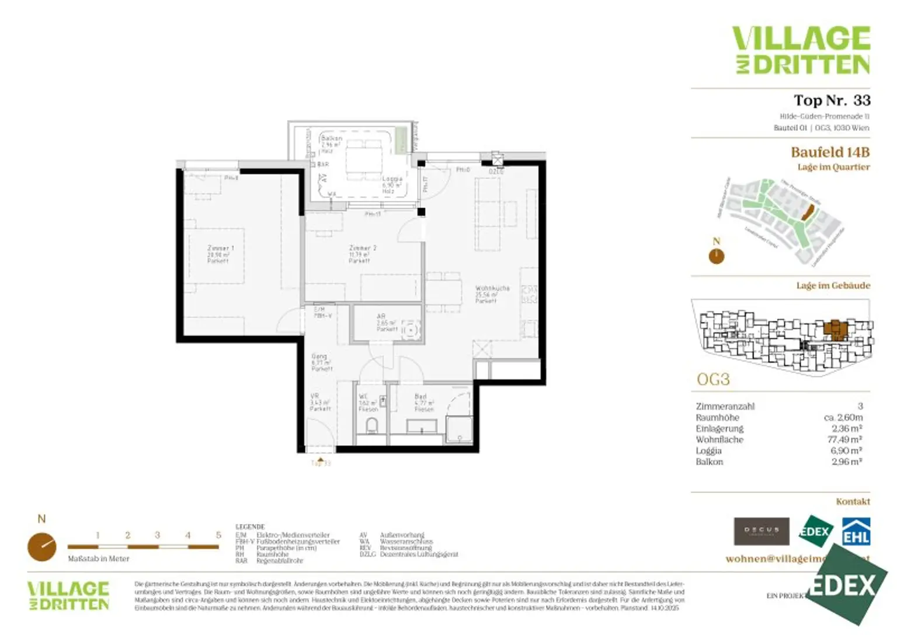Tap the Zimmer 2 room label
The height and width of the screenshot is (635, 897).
click(x=362, y=254)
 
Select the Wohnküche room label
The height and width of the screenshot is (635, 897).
click(x=492, y=294)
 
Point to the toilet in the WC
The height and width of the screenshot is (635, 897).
click(x=371, y=425)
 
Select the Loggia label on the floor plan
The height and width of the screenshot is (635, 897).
click(x=392, y=184)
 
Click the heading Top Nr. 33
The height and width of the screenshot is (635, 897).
click(x=832, y=100)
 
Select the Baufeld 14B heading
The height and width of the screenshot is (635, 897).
click(x=830, y=152)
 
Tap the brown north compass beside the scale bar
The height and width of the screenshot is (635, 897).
click(x=42, y=547)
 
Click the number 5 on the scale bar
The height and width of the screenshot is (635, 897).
click(x=218, y=535)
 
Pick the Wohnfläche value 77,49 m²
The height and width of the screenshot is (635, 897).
click(x=844, y=439)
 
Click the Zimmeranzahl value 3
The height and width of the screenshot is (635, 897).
click(x=860, y=406)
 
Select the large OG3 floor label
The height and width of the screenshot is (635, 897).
click(x=713, y=379)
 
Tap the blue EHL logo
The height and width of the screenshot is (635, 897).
click(x=856, y=532)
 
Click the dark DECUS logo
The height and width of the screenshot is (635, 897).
click(x=761, y=531)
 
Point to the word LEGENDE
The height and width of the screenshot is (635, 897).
click(x=250, y=526)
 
